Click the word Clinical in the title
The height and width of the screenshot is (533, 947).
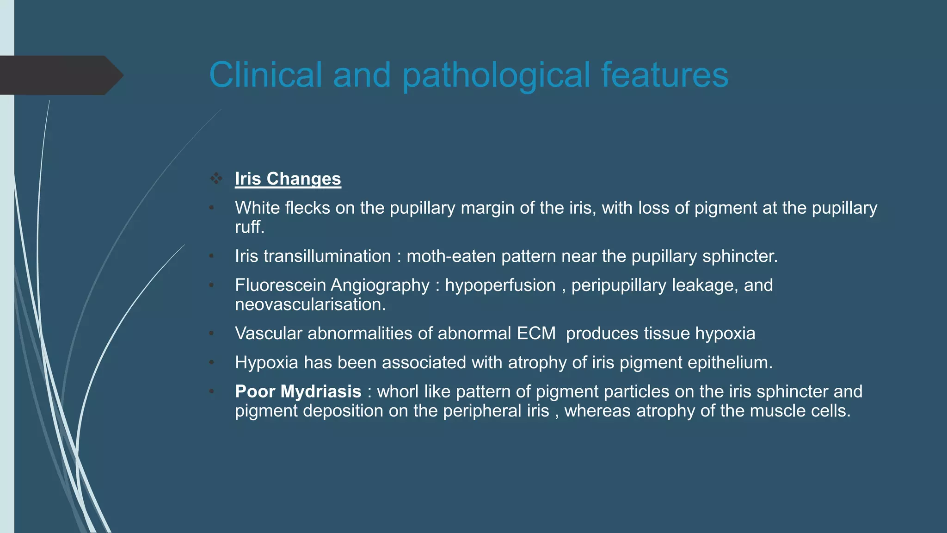pyautogui.click(x=265, y=75)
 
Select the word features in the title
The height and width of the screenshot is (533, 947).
pyautogui.click(x=664, y=75)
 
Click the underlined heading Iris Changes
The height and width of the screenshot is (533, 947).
pyautogui.click(x=288, y=179)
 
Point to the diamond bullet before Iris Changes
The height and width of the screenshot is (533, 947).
pyautogui.click(x=216, y=179)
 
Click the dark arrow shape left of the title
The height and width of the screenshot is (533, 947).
pyautogui.click(x=60, y=75)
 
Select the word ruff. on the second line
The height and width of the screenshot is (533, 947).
pyautogui.click(x=249, y=227)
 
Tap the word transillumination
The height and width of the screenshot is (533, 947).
pyautogui.click(x=327, y=256)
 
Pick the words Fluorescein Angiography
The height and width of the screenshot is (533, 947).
pyautogui.click(x=332, y=285)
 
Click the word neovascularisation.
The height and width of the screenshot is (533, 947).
pyautogui.click(x=310, y=305)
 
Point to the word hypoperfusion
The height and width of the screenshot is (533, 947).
pyautogui.click(x=500, y=285)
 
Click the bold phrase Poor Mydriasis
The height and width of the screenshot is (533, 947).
pyautogui.click(x=298, y=392)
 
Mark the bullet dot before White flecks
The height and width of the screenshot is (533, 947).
pyautogui.click(x=211, y=208)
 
